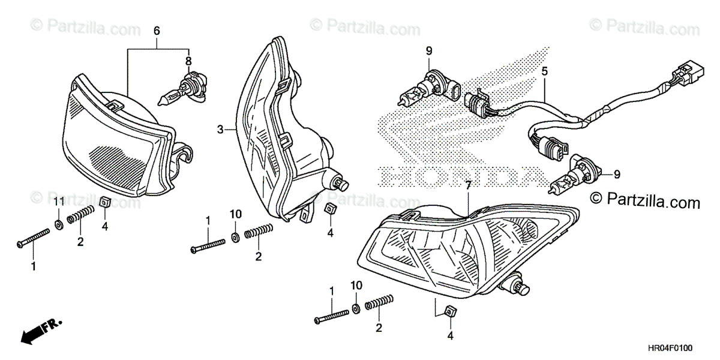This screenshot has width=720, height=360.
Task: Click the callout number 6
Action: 157,29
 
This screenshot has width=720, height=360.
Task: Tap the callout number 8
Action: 188,61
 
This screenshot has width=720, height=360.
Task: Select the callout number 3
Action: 220,129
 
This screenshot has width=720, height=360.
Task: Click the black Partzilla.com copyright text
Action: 644,199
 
